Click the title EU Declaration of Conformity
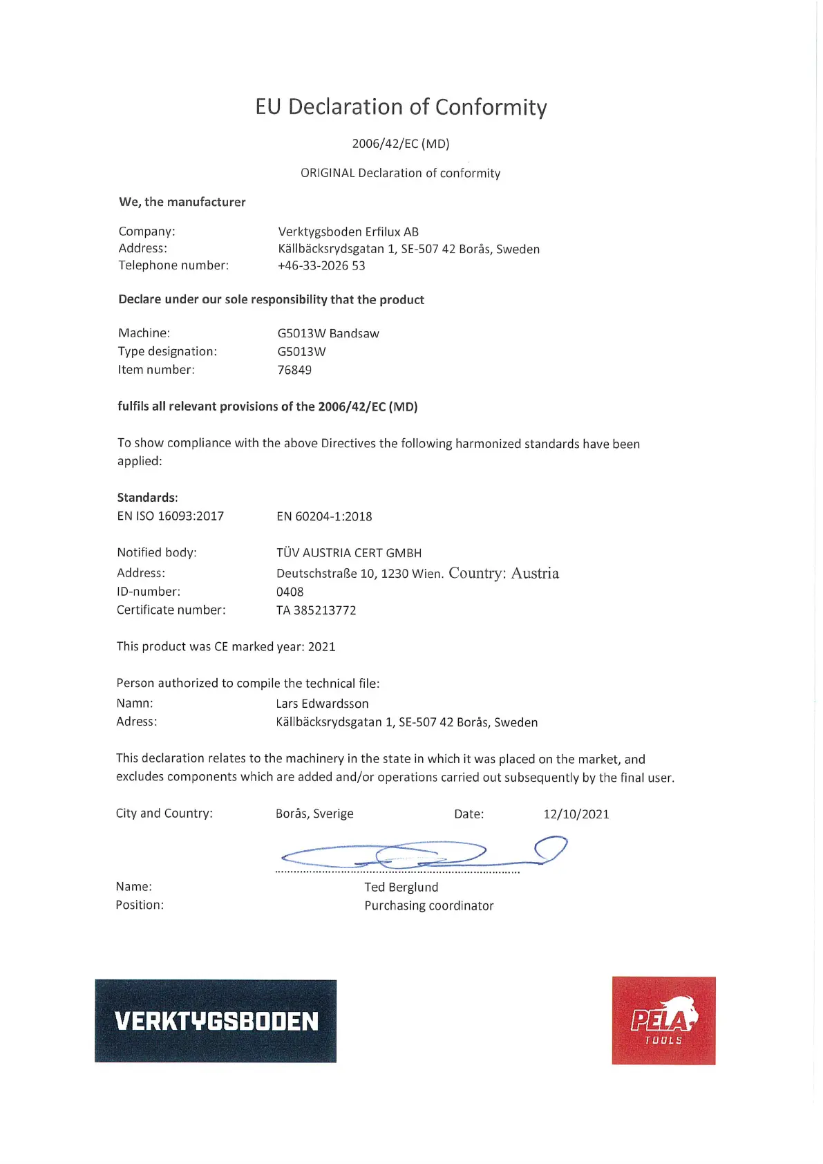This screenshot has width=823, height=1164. (x=401, y=107)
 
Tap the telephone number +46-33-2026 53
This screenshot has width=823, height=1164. (x=321, y=265)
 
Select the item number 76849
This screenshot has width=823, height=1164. (x=294, y=370)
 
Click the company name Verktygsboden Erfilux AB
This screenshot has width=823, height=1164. (x=348, y=232)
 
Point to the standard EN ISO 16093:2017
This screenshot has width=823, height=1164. (x=171, y=516)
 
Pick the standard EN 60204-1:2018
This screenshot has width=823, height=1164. (x=324, y=516)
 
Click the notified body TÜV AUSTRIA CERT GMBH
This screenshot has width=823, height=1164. (x=349, y=553)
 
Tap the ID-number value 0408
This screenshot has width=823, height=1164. (x=290, y=592)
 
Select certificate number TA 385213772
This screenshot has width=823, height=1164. (x=316, y=610)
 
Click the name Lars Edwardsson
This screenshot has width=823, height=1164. (x=322, y=704)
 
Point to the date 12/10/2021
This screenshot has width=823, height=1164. (x=576, y=814)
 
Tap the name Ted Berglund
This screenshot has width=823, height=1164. (x=401, y=888)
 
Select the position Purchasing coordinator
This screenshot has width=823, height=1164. (x=429, y=905)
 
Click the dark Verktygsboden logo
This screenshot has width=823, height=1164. (x=216, y=1021)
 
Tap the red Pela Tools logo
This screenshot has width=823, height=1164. (x=663, y=1021)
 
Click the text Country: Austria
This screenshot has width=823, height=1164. (x=504, y=573)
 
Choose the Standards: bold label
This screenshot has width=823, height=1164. (x=148, y=498)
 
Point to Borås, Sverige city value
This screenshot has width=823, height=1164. (x=314, y=814)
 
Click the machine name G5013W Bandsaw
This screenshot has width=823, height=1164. (x=328, y=333)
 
